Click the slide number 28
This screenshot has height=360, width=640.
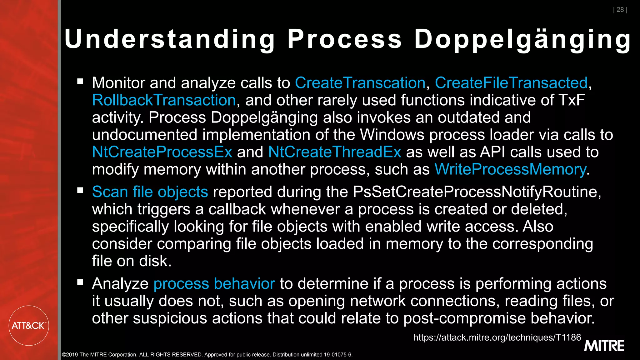(620, 10)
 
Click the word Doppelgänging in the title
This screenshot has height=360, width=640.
(522, 39)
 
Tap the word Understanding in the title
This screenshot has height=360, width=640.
(169, 39)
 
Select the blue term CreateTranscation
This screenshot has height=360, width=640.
(360, 83)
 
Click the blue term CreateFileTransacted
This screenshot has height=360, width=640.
(511, 83)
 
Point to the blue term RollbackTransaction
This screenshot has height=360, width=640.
(164, 100)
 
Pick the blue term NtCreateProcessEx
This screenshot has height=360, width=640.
(162, 152)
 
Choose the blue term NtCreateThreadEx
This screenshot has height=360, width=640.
(334, 152)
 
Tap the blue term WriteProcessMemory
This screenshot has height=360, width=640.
(510, 169)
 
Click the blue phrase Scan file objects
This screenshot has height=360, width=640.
(150, 192)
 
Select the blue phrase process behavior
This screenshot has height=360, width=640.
(214, 284)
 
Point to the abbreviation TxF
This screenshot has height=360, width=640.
(572, 100)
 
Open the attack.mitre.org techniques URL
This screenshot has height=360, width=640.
(497, 337)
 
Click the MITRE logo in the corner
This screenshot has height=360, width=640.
(604, 346)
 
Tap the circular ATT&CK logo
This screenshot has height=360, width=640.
(28, 326)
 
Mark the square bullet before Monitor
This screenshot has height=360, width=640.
(80, 82)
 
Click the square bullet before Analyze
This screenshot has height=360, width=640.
(80, 282)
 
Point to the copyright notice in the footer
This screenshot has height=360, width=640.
(207, 355)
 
